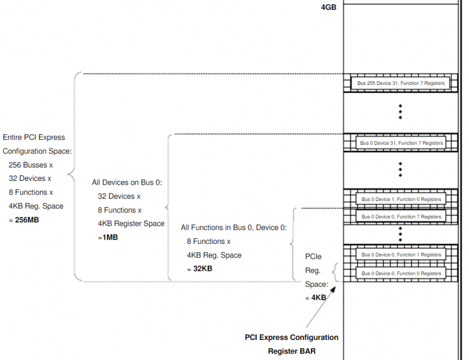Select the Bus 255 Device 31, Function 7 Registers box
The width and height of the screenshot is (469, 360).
point(401,83)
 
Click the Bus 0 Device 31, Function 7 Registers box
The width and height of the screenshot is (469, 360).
point(401,143)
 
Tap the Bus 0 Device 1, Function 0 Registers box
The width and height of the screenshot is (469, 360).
point(401,199)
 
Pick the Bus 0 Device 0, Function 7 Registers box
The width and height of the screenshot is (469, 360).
point(401,216)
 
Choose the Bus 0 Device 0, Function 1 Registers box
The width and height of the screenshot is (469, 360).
point(401,255)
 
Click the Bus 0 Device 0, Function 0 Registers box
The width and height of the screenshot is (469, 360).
point(401,273)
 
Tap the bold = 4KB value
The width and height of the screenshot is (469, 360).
point(315,298)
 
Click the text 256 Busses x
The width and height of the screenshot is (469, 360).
point(31,165)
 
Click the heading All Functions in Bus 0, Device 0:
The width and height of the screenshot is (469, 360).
point(233,227)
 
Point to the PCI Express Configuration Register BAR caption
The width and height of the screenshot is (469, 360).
point(291,344)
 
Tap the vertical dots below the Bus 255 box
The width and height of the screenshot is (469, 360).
point(401,111)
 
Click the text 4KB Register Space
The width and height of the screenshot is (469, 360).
point(131,224)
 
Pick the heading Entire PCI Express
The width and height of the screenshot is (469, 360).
point(34,138)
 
